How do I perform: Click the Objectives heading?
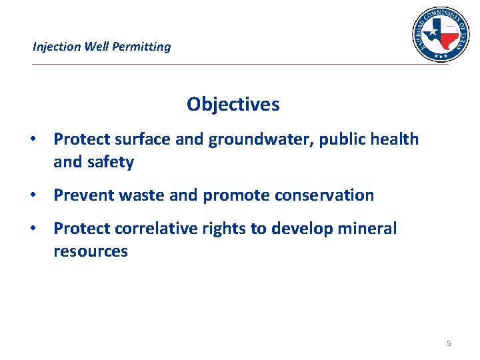233,105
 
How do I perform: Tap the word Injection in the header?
57,47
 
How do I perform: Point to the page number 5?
449,343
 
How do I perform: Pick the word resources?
91,251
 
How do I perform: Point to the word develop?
301,229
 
